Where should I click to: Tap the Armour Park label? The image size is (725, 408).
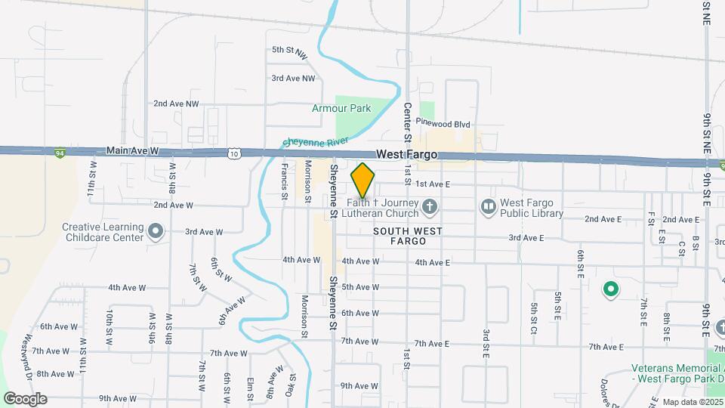point(341,108)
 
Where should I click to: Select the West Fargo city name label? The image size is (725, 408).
point(408,154)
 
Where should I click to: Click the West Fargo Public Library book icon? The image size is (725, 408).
point(489,206)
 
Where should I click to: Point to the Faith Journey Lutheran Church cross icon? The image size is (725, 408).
point(429,206)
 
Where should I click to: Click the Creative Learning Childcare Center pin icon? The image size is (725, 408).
point(156,230)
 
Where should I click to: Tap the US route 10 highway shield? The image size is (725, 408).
point(236,153)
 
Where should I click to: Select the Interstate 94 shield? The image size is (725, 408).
point(59,153)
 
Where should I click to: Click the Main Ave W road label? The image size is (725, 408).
point(133,151)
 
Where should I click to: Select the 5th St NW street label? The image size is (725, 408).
point(290,52)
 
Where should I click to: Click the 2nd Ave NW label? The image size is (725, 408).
point(176,104)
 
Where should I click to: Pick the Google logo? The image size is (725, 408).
point(25,399)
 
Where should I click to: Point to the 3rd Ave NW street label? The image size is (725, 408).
point(293,78)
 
